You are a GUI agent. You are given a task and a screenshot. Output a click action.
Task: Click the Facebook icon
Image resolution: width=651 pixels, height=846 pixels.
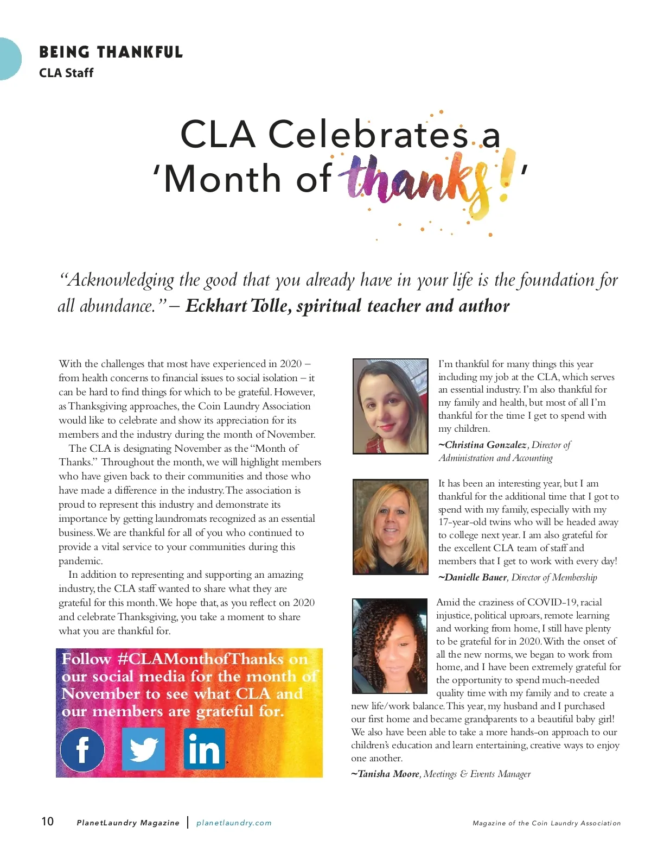point(82,749)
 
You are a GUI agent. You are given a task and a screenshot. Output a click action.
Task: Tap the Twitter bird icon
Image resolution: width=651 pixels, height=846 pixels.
point(143,749)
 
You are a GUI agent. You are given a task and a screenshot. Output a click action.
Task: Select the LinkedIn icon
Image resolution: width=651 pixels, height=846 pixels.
point(204,749)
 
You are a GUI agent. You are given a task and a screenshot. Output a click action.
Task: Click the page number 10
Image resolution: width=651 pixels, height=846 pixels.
point(48,821)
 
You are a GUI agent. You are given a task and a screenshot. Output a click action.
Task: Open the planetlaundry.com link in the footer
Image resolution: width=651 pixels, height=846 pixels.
point(234,823)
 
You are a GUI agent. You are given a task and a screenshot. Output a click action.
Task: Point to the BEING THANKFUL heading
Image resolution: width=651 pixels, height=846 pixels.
point(111,52)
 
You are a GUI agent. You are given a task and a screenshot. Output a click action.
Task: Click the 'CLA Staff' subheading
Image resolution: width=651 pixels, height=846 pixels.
point(66,73)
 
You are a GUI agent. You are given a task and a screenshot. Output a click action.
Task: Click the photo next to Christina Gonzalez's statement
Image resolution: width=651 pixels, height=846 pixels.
point(391,406)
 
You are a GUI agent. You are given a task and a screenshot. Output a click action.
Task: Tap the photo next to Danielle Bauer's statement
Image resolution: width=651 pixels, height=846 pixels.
point(391,527)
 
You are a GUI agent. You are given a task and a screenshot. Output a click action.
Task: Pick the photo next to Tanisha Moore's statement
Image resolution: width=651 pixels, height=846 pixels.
point(389,646)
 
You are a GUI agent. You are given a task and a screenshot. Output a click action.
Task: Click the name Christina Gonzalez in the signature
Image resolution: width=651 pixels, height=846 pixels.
point(486,445)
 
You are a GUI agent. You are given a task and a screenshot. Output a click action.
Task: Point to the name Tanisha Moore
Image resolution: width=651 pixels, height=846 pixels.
point(388,774)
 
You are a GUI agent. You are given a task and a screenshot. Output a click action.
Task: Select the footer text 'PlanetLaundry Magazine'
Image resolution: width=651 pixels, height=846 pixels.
point(128,823)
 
